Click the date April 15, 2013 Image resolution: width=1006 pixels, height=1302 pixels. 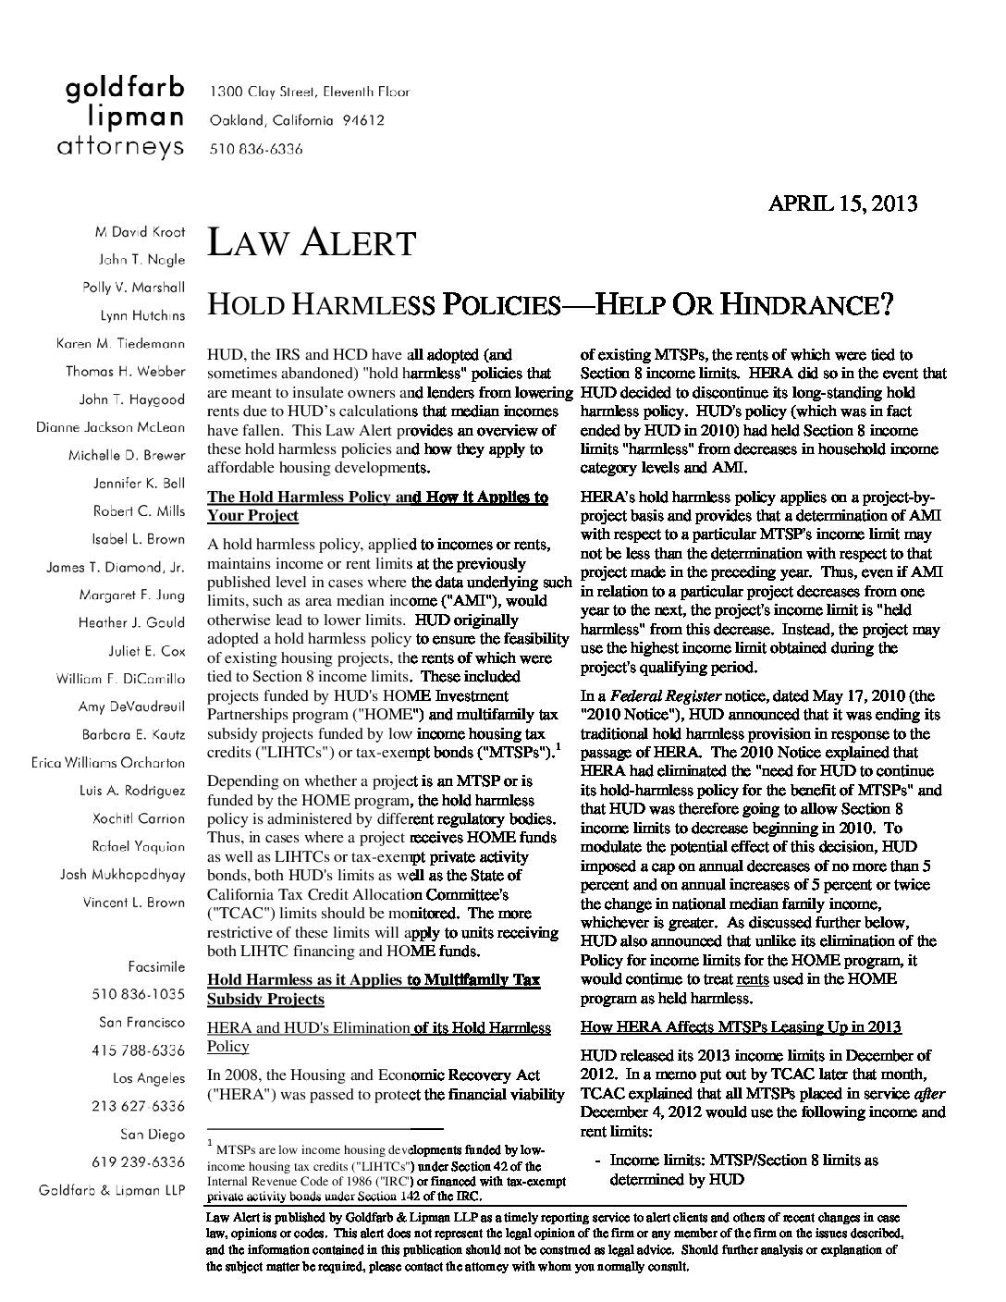coord(842,203)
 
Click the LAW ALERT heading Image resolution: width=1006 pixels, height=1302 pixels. coord(312,243)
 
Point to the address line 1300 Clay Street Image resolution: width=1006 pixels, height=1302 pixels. coord(310,92)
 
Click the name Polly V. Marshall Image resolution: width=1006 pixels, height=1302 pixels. coord(134,287)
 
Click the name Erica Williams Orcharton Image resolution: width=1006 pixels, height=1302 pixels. coord(107,763)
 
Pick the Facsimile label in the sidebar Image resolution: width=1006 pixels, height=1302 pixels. coord(156,966)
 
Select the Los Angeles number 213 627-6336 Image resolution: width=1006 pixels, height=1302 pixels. coord(138,1106)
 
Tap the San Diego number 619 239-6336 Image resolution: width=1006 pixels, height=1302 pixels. coord(138,1162)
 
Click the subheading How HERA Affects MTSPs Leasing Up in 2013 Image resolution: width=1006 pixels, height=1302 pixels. coord(741,1027)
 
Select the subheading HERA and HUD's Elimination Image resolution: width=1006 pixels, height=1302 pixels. coord(308,1027)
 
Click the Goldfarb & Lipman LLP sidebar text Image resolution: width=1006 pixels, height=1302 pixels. coord(111,1190)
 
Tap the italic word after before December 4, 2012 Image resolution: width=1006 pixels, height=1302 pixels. coord(929,1093)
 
